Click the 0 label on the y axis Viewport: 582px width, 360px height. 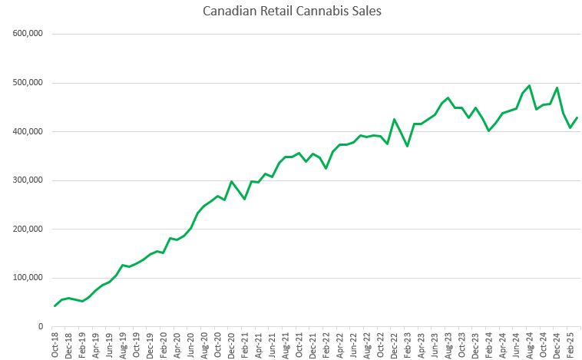point(40,327)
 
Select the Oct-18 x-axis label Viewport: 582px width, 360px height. point(55,344)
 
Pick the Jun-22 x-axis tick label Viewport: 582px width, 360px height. point(347,344)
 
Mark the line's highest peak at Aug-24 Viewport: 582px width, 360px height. point(530,86)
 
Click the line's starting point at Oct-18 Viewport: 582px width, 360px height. point(55,306)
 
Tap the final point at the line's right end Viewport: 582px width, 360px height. point(577,117)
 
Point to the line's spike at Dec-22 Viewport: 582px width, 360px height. point(394,119)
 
